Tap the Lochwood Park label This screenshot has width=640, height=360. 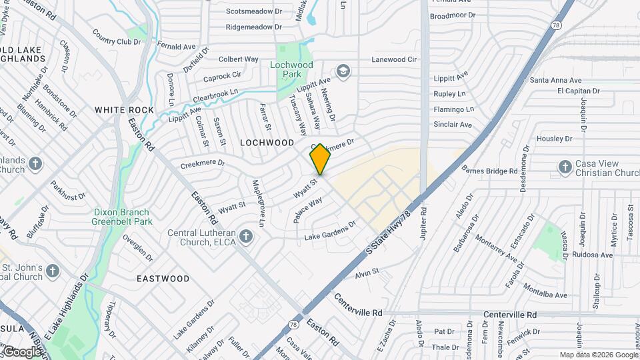point(291,69)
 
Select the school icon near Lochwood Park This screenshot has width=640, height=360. point(343,71)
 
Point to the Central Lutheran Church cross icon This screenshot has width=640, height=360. point(246,237)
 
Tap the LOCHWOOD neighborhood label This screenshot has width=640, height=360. point(267,143)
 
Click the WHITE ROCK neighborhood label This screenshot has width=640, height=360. point(124,110)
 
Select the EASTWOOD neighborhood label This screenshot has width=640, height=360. point(163,279)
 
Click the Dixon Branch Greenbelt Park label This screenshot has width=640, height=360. point(123,217)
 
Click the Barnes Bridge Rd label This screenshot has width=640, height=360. point(489,171)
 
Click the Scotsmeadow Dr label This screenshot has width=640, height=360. point(254,11)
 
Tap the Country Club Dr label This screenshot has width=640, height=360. point(117,37)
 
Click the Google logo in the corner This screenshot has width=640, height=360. point(21,351)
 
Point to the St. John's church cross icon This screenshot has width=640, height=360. point(53,271)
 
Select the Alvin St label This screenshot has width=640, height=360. point(367,272)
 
